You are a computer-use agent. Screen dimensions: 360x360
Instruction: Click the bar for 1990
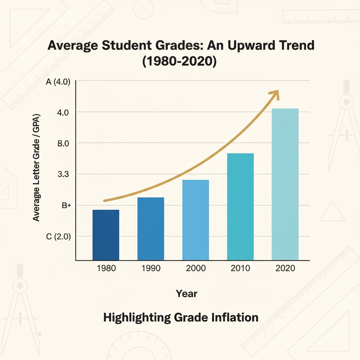pos(150,229)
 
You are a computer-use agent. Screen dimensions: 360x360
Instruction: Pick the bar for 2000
pos(195,220)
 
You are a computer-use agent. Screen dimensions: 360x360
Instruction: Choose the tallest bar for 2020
pos(285,184)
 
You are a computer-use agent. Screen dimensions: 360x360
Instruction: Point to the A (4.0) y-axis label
pos(58,82)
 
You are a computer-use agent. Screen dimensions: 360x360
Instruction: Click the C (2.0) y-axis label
pos(58,237)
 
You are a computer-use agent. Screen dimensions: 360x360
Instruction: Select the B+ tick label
pos(67,206)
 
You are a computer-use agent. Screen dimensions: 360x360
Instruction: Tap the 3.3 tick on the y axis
pos(65,174)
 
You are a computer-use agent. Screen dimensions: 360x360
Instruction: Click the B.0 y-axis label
pos(64,143)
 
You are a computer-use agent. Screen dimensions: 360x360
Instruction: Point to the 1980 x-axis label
pos(106,269)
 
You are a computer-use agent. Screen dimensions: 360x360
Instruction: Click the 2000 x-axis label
pos(195,269)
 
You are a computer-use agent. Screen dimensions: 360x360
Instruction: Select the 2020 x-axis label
pos(285,269)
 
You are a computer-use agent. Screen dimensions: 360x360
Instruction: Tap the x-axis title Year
pos(187,293)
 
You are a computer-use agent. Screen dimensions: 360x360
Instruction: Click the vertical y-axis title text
pos(36,167)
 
